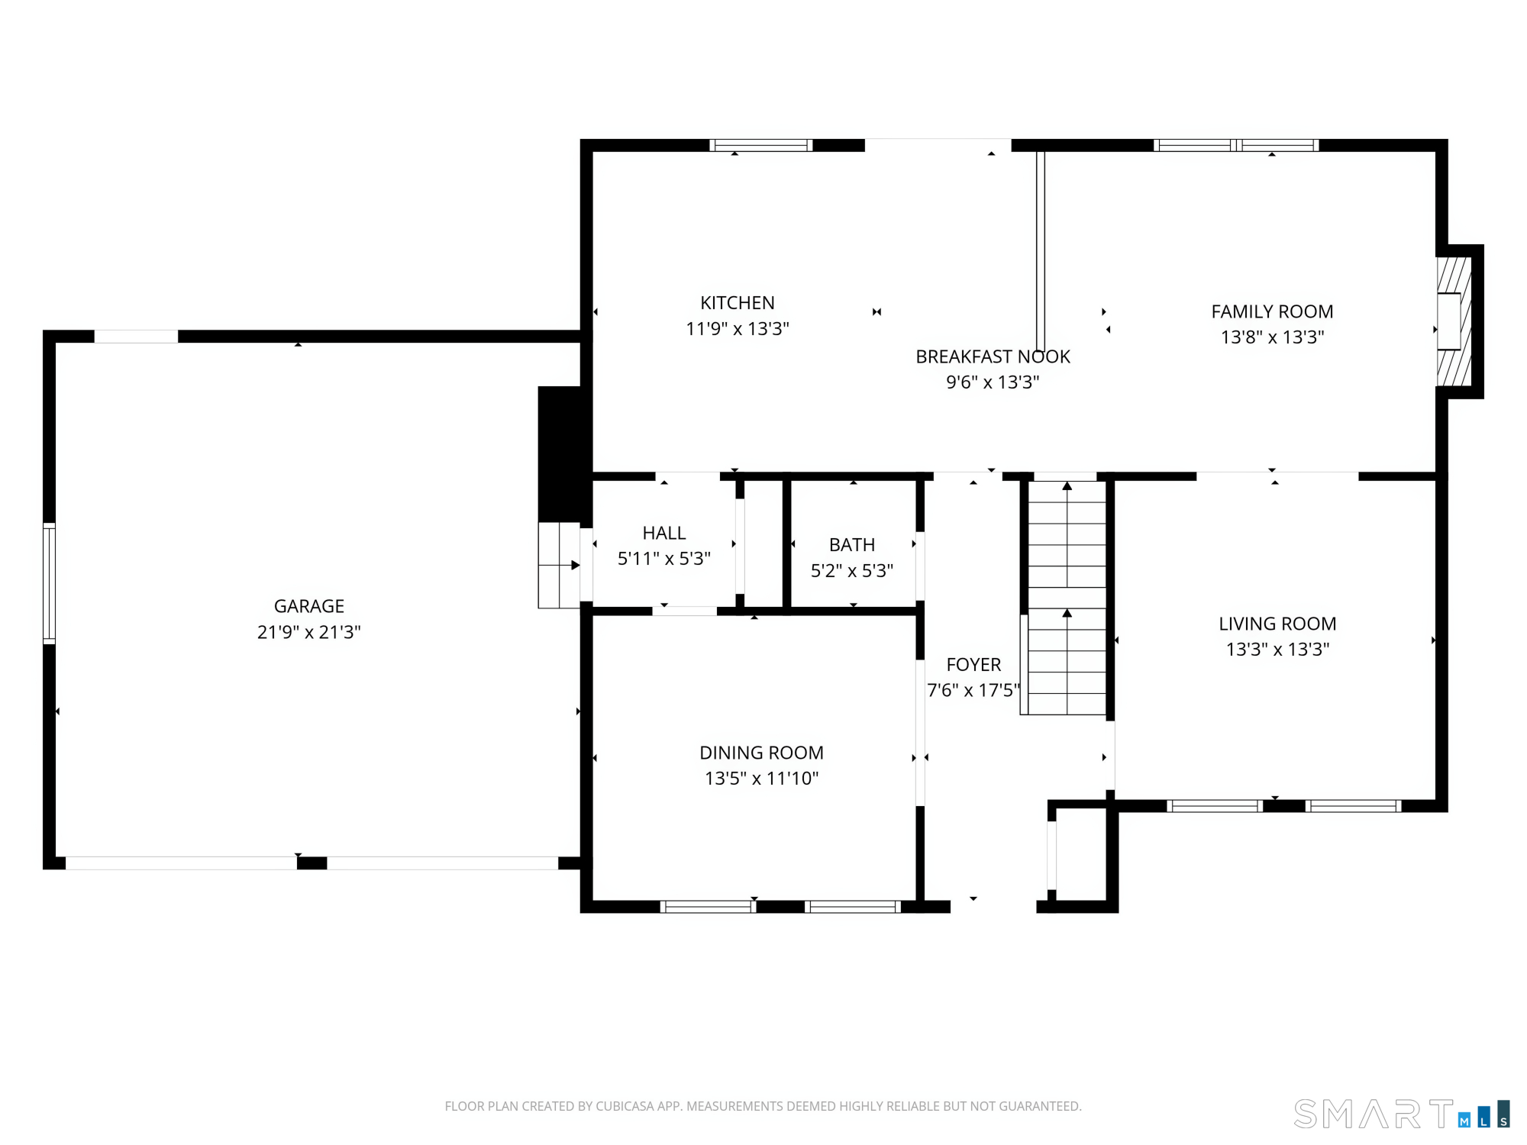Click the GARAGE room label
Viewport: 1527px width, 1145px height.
[309, 606]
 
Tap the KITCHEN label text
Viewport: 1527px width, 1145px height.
[738, 303]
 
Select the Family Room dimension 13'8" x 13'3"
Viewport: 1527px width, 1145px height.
[1272, 337]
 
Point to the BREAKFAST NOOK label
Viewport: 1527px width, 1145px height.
[993, 356]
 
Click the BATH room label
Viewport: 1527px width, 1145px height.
[852, 545]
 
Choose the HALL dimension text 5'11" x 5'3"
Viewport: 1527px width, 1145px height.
[664, 559]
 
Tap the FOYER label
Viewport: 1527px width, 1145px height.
[973, 665]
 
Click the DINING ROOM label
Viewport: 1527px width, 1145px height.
[762, 753]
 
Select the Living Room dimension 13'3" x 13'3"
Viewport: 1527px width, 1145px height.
[1277, 649]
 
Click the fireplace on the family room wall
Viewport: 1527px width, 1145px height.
[1454, 321]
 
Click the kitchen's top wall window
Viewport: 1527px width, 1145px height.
[760, 145]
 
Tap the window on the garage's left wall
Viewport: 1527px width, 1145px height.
[49, 584]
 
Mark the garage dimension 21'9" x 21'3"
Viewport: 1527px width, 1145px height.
[309, 632]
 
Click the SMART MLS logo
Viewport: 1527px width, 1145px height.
[1402, 1114]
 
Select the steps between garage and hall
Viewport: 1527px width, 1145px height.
[559, 565]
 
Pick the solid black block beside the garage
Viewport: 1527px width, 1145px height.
[564, 455]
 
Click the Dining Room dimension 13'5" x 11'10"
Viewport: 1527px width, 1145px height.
[762, 779]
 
